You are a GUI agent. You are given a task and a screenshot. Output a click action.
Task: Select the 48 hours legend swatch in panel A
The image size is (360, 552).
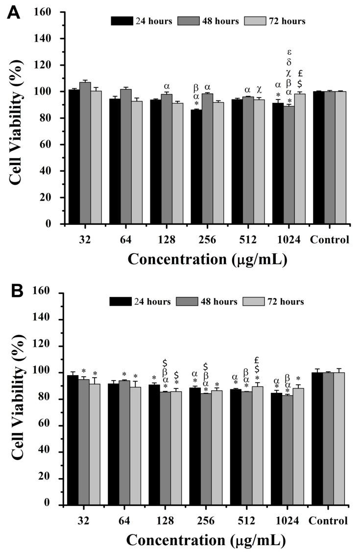(x=195, y=21)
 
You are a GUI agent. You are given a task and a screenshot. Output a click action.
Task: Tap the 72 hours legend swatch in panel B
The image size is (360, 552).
(x=259, y=302)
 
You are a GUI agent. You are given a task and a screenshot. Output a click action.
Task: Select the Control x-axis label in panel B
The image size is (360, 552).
(x=329, y=520)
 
